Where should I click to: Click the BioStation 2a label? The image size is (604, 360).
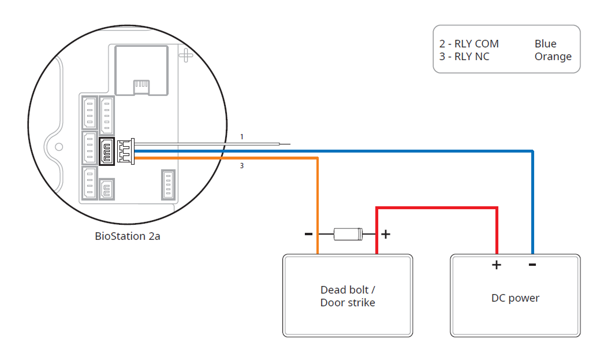128,236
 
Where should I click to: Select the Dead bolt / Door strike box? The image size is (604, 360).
348,295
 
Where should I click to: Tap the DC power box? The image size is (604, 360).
515,295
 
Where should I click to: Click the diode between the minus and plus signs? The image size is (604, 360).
348,234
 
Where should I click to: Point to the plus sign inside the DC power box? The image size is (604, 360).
496,265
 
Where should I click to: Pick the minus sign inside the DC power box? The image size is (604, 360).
532,265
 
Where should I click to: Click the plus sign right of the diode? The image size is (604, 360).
386,234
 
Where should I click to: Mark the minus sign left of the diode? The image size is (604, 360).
308,234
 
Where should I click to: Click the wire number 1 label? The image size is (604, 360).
242,137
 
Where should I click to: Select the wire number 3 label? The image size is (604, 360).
242,166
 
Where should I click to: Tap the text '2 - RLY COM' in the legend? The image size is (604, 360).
469,44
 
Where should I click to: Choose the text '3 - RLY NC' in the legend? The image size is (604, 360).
464,57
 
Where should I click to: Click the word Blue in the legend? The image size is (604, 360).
546,44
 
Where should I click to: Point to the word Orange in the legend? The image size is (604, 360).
553,57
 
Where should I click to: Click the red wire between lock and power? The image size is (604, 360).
437,207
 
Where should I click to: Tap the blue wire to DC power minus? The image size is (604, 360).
532,202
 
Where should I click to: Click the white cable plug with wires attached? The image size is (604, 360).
125,151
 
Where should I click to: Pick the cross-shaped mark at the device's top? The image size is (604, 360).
186,56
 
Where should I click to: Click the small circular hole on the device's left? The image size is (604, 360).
58,147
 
